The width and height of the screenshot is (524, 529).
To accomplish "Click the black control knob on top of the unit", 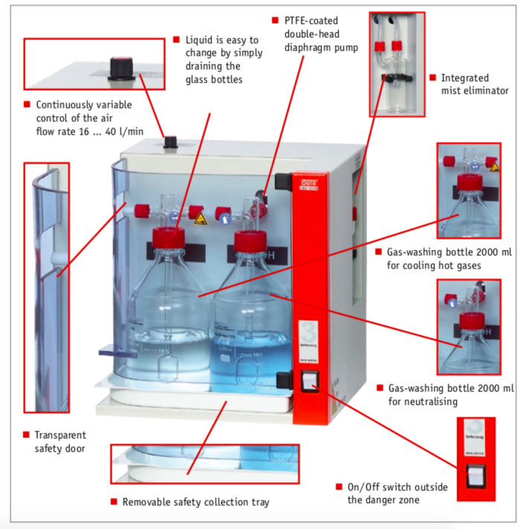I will point(170,141).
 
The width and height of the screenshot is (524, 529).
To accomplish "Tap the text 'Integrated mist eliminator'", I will point(474,83).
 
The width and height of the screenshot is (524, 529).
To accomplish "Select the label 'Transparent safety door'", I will point(60,441).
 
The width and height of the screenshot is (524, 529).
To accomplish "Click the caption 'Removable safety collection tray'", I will point(195,502).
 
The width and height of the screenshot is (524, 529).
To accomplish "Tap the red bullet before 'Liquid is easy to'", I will point(176,39).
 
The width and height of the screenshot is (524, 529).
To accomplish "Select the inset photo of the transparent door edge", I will point(46,286).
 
